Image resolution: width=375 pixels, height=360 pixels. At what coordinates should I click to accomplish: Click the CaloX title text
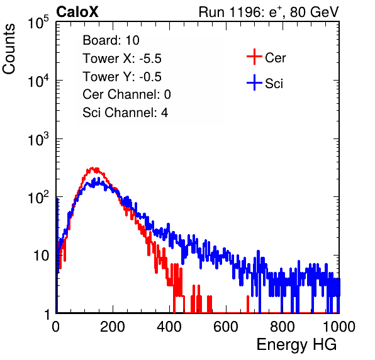pyautogui.click(x=77, y=12)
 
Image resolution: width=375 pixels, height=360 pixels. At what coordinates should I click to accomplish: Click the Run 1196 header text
pyautogui.click(x=269, y=12)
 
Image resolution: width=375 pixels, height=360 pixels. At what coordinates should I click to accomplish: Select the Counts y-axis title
pyautogui.click(x=9, y=49)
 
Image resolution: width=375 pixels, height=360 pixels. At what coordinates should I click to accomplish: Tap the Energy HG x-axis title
pyautogui.click(x=296, y=345)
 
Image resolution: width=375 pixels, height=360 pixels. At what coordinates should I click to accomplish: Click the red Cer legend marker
pyautogui.click(x=254, y=57)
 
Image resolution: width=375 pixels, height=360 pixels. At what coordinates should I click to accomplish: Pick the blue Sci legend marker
pyautogui.click(x=254, y=83)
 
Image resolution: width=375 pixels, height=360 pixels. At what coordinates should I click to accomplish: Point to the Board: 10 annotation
pyautogui.click(x=111, y=40)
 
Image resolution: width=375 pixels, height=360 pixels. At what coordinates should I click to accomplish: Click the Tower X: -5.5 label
pyautogui.click(x=122, y=59)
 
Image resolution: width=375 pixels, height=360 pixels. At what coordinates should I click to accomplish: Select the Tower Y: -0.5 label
pyautogui.click(x=122, y=77)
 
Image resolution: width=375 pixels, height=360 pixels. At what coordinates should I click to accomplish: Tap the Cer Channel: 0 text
pyautogui.click(x=126, y=94)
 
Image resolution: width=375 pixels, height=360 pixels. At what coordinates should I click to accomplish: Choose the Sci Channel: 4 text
pyautogui.click(x=125, y=113)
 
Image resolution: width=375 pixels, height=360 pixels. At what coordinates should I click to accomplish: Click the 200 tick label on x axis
pyautogui.click(x=113, y=327)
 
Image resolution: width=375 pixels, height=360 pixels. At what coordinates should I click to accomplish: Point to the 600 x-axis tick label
pyautogui.click(x=226, y=327)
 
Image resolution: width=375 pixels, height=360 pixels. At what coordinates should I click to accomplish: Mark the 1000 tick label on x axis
pyautogui.click(x=339, y=327)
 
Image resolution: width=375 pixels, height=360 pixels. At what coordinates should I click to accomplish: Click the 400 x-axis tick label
pyautogui.click(x=169, y=327)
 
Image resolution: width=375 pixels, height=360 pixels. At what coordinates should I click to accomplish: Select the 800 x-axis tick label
pyautogui.click(x=283, y=327)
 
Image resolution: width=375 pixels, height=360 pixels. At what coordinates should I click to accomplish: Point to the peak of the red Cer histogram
pyautogui.click(x=93, y=169)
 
